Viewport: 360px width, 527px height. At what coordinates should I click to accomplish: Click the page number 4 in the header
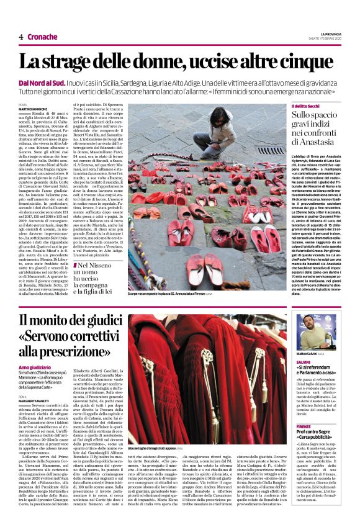point(20,37)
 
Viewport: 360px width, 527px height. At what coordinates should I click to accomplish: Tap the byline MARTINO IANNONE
point(32,109)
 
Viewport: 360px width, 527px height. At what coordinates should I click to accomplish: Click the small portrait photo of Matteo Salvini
point(317,331)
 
